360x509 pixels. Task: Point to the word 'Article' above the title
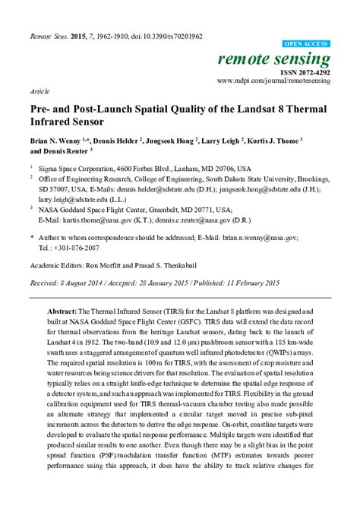[39, 89]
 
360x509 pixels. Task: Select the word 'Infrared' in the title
[53, 121]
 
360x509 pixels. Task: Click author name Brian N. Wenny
[58, 141]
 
